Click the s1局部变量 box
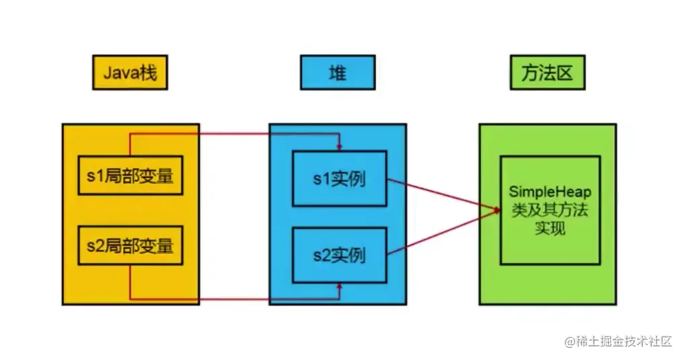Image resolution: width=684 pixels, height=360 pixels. point(130,177)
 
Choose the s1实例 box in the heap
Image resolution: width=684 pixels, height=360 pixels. point(339,178)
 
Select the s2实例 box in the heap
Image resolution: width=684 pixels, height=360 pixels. point(339,255)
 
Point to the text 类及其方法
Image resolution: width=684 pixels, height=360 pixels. point(549,211)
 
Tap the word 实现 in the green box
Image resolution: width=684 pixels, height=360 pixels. point(549,228)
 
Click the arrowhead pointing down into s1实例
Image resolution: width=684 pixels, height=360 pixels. point(340,147)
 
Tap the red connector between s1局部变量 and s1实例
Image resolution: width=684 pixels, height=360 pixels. point(235,134)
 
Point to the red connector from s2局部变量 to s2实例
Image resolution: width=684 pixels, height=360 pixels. point(235,298)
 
